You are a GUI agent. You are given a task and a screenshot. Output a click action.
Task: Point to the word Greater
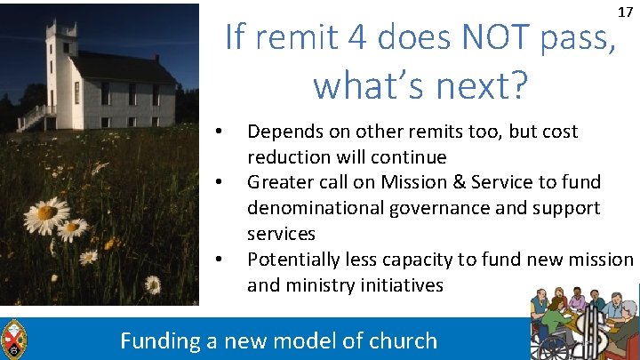(279, 182)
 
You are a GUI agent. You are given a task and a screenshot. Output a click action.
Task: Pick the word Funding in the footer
(160, 340)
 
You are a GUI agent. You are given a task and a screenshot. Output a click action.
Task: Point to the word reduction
(290, 157)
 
